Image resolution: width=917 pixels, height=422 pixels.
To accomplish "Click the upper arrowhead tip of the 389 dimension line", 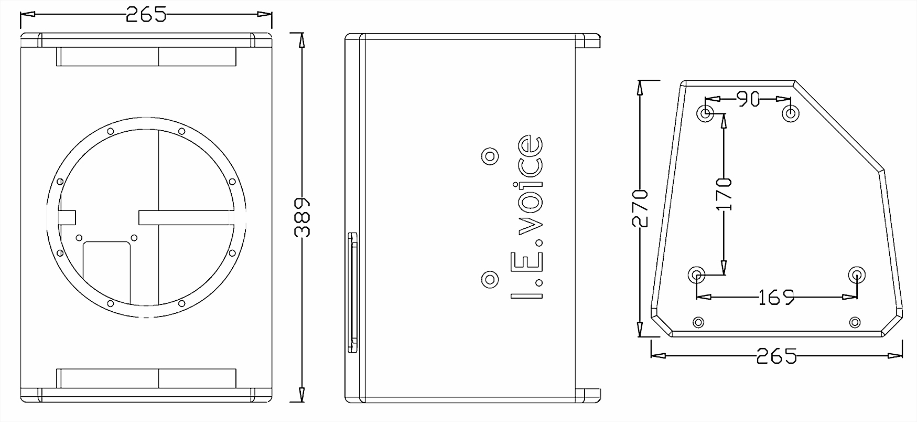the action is point(301,33).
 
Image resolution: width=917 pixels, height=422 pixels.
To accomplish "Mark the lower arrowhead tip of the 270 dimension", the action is point(640,336).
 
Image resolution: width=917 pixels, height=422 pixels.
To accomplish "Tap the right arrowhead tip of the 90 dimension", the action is point(791,99).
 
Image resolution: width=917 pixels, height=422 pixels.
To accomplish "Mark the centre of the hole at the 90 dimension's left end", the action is point(706,112).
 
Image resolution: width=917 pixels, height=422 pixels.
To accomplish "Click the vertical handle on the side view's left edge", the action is point(352,292).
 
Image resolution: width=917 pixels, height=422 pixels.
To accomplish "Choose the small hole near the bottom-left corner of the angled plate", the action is point(698,321).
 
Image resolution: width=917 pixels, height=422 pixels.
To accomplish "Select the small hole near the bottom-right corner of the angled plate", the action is point(855,321).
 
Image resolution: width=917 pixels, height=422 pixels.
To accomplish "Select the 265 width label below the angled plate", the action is point(776,356).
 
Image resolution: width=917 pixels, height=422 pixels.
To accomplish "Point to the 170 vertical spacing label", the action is point(724,194).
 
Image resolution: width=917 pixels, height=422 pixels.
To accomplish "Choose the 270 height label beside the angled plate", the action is point(640,207).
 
